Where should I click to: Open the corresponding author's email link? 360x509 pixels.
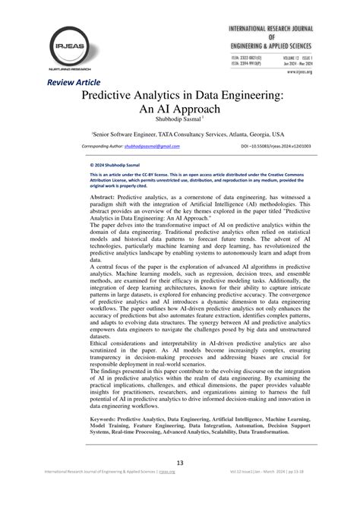coord(152,145)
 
